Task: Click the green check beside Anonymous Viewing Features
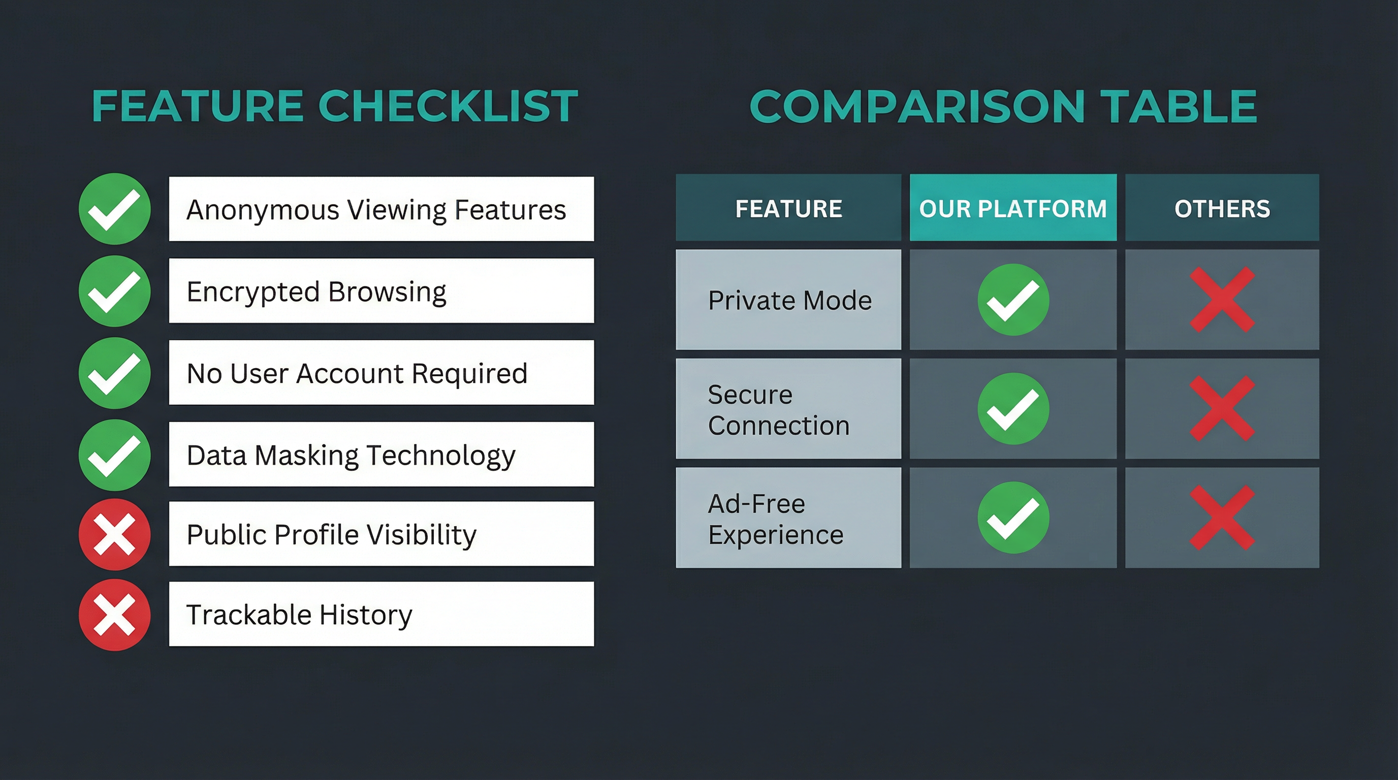pyautogui.click(x=114, y=209)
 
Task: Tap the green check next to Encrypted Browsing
pyautogui.click(x=114, y=291)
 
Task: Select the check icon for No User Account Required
pyautogui.click(x=114, y=373)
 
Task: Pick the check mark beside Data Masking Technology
pyautogui.click(x=114, y=455)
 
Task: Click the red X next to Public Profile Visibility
pyautogui.click(x=114, y=535)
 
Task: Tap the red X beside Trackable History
pyautogui.click(x=114, y=614)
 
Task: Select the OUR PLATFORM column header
pyautogui.click(x=1012, y=208)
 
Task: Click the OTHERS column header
pyautogui.click(x=1222, y=208)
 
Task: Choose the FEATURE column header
pyautogui.click(x=788, y=208)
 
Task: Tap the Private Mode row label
pyautogui.click(x=789, y=300)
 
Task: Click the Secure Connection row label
pyautogui.click(x=779, y=409)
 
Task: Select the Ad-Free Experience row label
pyautogui.click(x=776, y=519)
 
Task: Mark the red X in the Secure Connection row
pyautogui.click(x=1222, y=408)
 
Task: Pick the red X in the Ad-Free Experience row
pyautogui.click(x=1222, y=518)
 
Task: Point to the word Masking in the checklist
pyautogui.click(x=307, y=455)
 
